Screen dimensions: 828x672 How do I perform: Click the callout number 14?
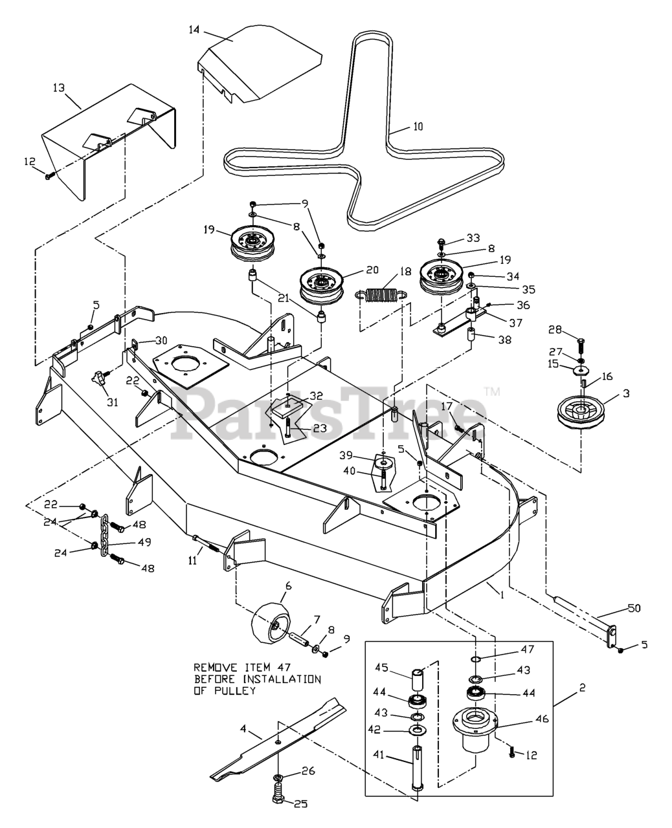tap(195, 30)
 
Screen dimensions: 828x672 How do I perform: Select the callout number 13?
tap(59, 88)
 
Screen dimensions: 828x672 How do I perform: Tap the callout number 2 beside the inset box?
tap(582, 688)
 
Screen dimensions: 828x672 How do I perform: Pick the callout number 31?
tap(112, 402)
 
